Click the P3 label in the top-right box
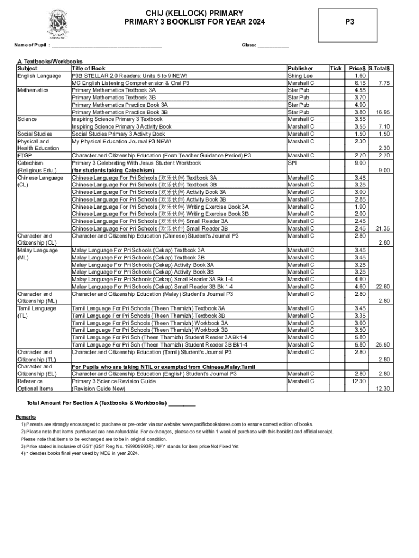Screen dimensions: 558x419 [350, 22]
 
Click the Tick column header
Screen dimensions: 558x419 [336, 68]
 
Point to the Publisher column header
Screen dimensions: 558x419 [300, 68]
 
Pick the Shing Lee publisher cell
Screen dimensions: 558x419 [300, 76]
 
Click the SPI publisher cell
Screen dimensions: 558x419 [292, 163]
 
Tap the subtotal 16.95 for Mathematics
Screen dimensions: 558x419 [382, 112]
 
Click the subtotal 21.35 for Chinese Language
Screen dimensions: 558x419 [382, 228]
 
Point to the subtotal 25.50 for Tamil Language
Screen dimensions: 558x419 [382, 344]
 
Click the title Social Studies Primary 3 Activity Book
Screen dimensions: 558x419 [118, 134]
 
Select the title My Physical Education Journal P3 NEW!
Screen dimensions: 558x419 [121, 141]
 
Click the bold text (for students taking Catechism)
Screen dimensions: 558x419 [113, 171]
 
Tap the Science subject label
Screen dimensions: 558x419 [27, 119]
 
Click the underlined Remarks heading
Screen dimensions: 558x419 [26, 417]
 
